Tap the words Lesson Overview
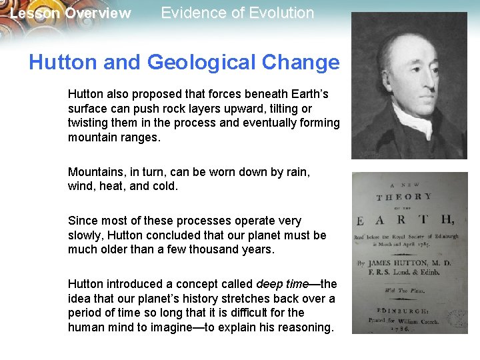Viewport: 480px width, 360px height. click(71, 13)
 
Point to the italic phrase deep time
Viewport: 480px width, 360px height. click(283, 285)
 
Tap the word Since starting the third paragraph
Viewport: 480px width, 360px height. click(82, 221)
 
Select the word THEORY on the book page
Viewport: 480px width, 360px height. click(404, 197)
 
